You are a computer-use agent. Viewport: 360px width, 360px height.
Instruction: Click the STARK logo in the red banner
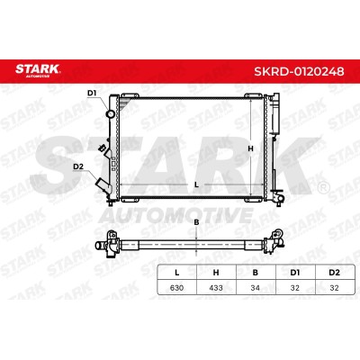point(38,71)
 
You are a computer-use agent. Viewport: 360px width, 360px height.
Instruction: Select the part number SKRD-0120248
point(299,71)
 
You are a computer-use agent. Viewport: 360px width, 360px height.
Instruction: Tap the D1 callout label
point(92,94)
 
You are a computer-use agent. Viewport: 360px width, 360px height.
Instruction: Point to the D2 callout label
point(78,166)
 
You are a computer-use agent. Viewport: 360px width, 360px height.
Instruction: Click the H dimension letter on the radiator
point(250,148)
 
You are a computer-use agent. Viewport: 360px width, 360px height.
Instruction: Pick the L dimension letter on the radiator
point(196,184)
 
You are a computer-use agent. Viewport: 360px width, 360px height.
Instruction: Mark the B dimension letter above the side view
point(196,222)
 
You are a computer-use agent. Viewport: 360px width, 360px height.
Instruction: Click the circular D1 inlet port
point(111,114)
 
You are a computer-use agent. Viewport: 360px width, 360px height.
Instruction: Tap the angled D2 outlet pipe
point(103,185)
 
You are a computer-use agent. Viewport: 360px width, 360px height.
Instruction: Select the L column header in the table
point(177,273)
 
